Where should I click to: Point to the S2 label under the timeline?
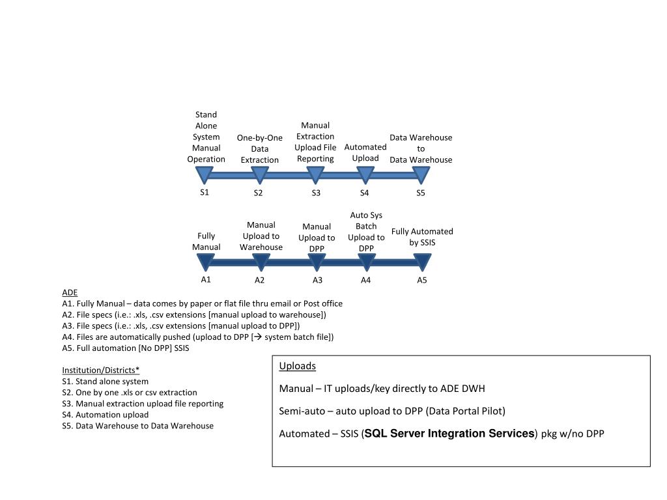click(x=258, y=193)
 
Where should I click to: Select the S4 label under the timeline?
click(x=365, y=193)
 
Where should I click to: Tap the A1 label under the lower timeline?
click(x=206, y=280)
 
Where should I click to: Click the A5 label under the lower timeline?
click(x=422, y=280)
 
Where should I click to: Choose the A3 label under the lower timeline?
click(x=317, y=280)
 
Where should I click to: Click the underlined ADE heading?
click(x=70, y=292)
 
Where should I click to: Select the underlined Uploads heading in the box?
click(x=297, y=366)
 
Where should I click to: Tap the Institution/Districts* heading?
click(x=101, y=370)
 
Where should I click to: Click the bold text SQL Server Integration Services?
click(x=449, y=433)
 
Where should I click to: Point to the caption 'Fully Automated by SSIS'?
click(x=422, y=237)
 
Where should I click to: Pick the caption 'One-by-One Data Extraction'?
click(x=260, y=149)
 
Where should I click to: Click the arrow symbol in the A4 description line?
click(x=257, y=337)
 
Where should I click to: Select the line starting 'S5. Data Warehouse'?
click(x=138, y=426)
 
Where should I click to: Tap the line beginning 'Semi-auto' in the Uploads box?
click(x=392, y=411)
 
